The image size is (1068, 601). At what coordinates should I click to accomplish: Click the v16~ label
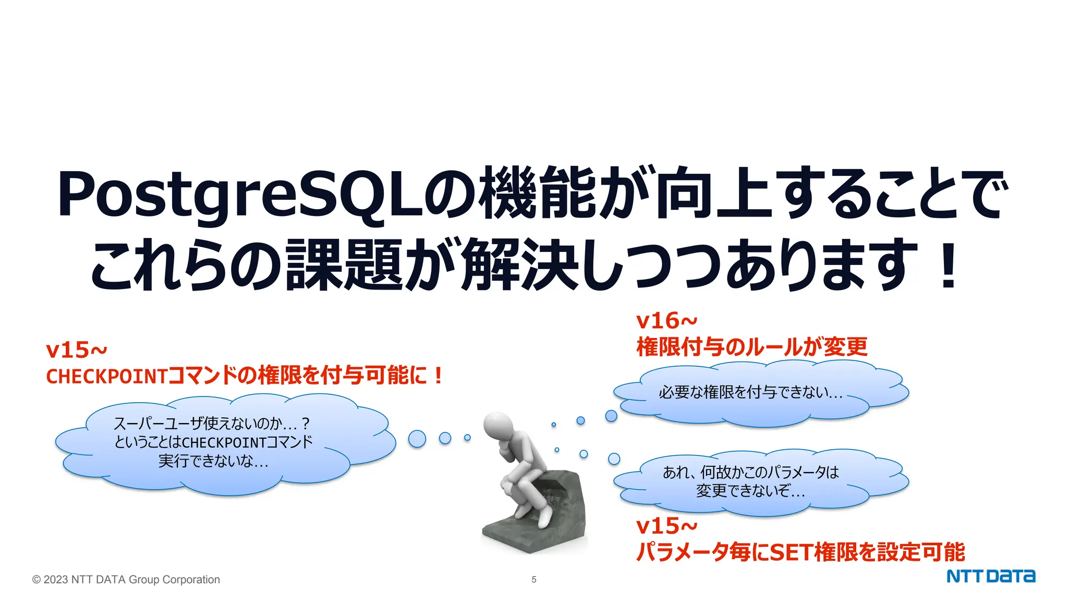(666, 321)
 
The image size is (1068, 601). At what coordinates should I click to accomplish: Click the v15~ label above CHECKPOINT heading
(76, 350)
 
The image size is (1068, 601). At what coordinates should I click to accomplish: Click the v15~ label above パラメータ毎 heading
(666, 526)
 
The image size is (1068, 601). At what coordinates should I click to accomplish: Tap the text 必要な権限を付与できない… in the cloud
(750, 392)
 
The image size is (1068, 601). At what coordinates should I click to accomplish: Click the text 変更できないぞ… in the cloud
(750, 491)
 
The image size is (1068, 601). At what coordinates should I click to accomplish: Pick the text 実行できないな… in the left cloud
(213, 461)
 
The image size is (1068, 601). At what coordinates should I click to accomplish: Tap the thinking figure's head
(498, 425)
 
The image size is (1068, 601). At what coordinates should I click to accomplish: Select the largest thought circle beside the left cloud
(417, 439)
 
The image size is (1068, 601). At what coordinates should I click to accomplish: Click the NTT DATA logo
(990, 576)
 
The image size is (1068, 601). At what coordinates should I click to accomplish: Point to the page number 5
(533, 580)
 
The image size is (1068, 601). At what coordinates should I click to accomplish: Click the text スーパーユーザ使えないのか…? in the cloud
(211, 423)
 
